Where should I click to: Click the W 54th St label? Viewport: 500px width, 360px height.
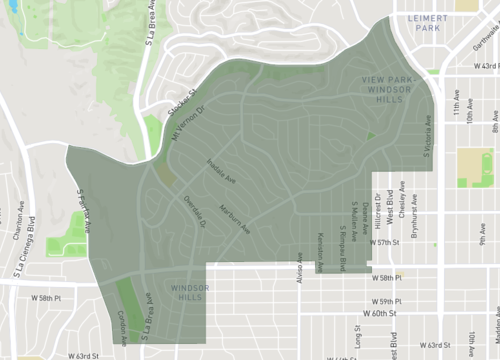[x=485, y=67]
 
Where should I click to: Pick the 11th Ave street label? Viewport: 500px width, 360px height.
[x=455, y=105]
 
